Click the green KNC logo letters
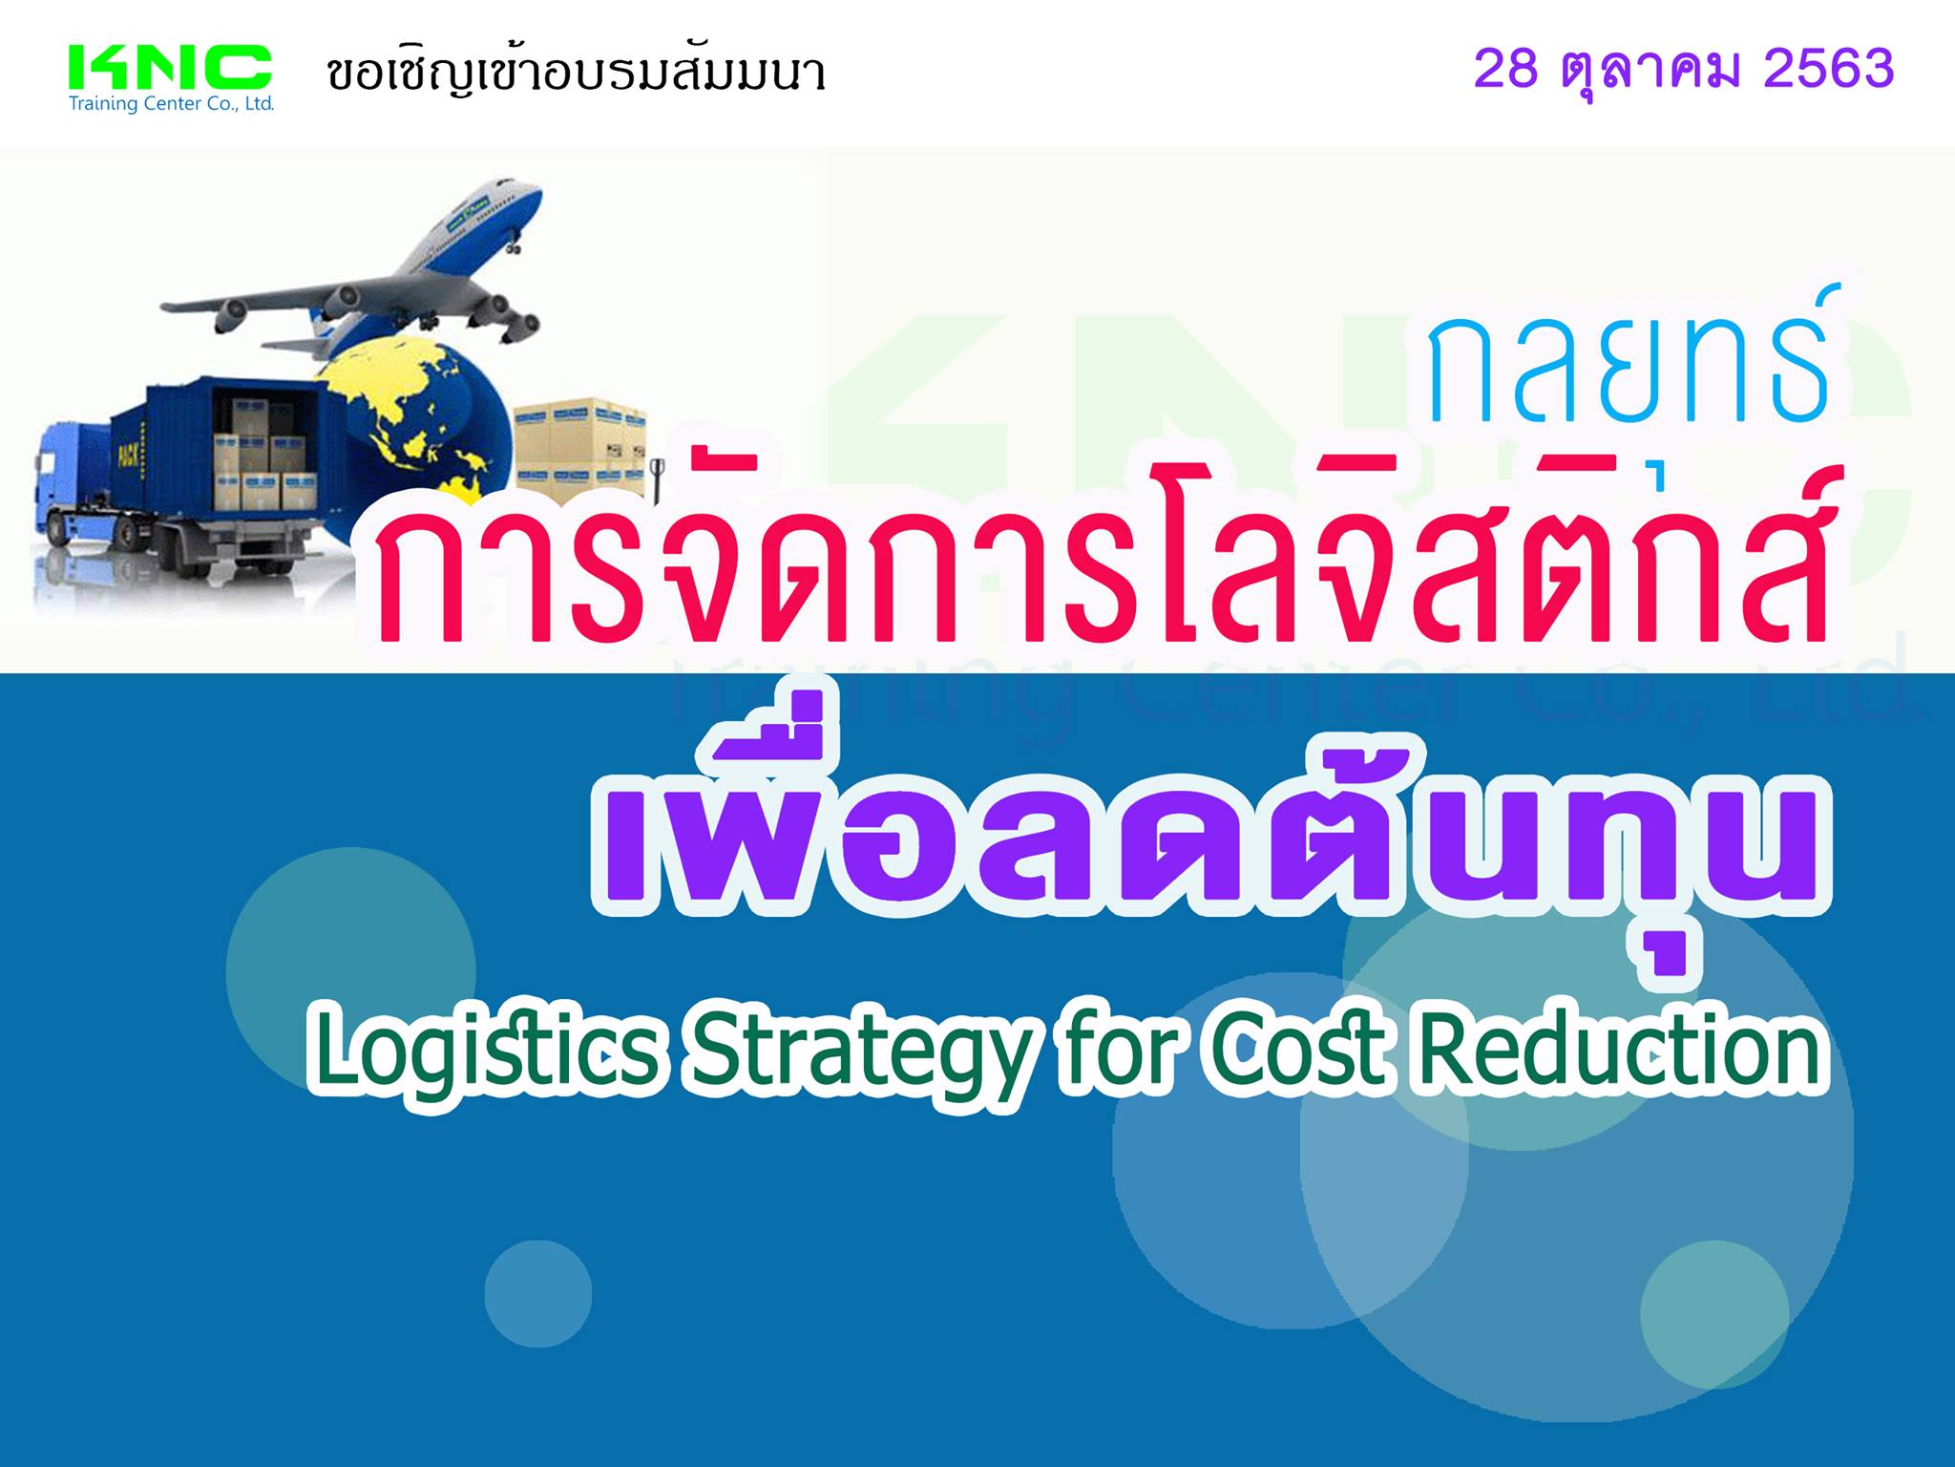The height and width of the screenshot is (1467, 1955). click(x=171, y=69)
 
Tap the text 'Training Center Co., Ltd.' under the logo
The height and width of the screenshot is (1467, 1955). click(x=172, y=103)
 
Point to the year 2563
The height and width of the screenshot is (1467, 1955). click(x=1829, y=69)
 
